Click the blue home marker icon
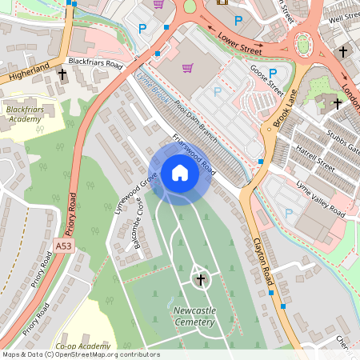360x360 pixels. pyautogui.click(x=180, y=173)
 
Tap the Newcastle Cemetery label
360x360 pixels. pyautogui.click(x=194, y=316)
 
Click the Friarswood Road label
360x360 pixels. pyautogui.click(x=194, y=152)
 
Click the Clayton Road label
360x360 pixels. pyautogui.click(x=263, y=258)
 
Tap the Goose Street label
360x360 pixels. pyautogui.click(x=268, y=82)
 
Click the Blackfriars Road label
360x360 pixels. pyautogui.click(x=95, y=62)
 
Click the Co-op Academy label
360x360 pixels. pyautogui.click(x=82, y=346)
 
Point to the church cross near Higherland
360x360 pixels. pyautogui.click(x=62, y=74)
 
